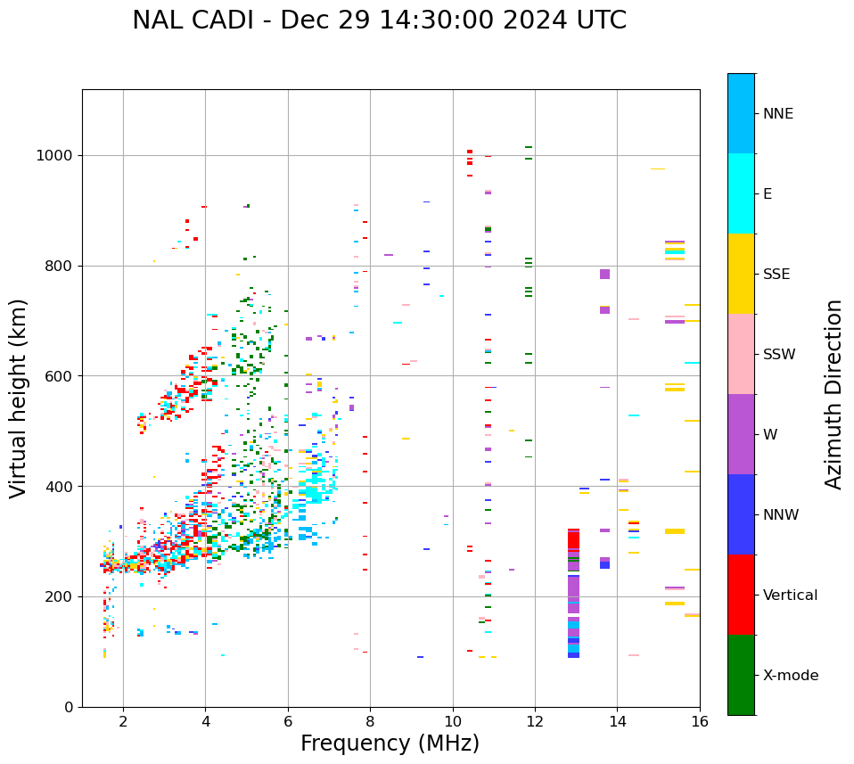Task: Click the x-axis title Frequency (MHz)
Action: [390, 743]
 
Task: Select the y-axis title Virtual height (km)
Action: [19, 398]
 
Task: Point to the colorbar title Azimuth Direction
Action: [833, 394]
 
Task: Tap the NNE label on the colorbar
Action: [778, 114]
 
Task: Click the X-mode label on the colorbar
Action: [791, 676]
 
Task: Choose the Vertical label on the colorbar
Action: [790, 596]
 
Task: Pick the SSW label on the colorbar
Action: [779, 355]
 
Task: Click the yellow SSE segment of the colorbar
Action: [741, 274]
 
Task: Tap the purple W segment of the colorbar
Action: [741, 434]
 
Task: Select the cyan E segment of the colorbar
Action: [741, 193]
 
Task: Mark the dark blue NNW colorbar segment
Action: [741, 514]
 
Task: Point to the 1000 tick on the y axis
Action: [58, 155]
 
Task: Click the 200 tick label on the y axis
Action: [62, 596]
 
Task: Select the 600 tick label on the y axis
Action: [62, 376]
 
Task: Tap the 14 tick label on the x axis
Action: [618, 721]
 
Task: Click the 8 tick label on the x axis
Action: [370, 721]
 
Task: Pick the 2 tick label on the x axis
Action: [123, 721]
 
